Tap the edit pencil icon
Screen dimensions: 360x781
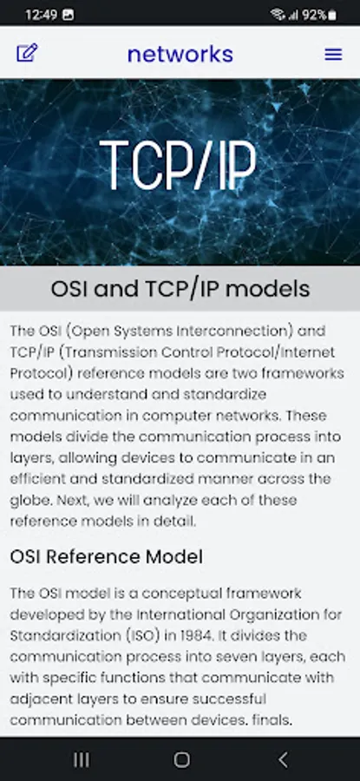coord(27,53)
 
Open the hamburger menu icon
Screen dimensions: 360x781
coord(333,55)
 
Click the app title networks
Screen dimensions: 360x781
coord(180,54)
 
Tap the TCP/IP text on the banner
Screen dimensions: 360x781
coord(178,165)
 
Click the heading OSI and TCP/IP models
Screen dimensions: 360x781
coord(180,288)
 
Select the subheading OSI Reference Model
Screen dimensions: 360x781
coord(106,556)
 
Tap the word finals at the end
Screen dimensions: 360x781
coord(272,719)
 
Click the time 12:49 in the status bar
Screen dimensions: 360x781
coord(42,15)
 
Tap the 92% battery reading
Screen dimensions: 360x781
coord(314,15)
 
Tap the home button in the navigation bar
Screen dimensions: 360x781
coord(182,759)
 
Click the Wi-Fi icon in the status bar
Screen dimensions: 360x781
coord(278,15)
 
